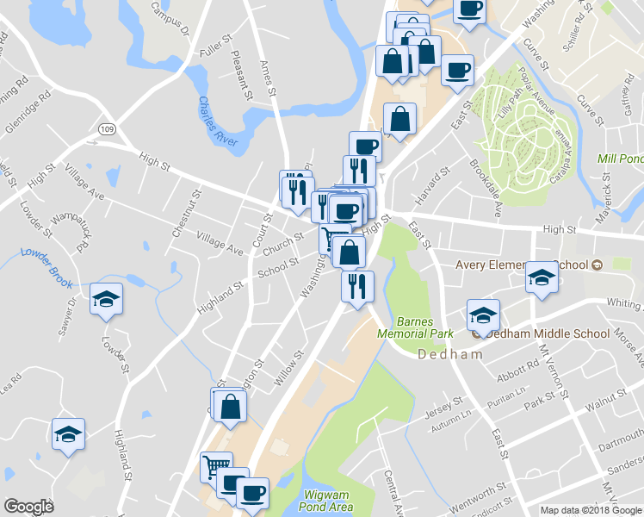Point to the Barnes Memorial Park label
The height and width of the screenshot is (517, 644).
pos(403,326)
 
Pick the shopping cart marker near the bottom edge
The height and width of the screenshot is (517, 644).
pos(216,467)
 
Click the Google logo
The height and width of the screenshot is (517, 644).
pos(28,507)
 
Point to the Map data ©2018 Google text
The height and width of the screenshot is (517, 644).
pos(591,510)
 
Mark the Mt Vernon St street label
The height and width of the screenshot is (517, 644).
pos(552,371)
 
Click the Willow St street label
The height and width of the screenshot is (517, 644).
pos(289,364)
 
